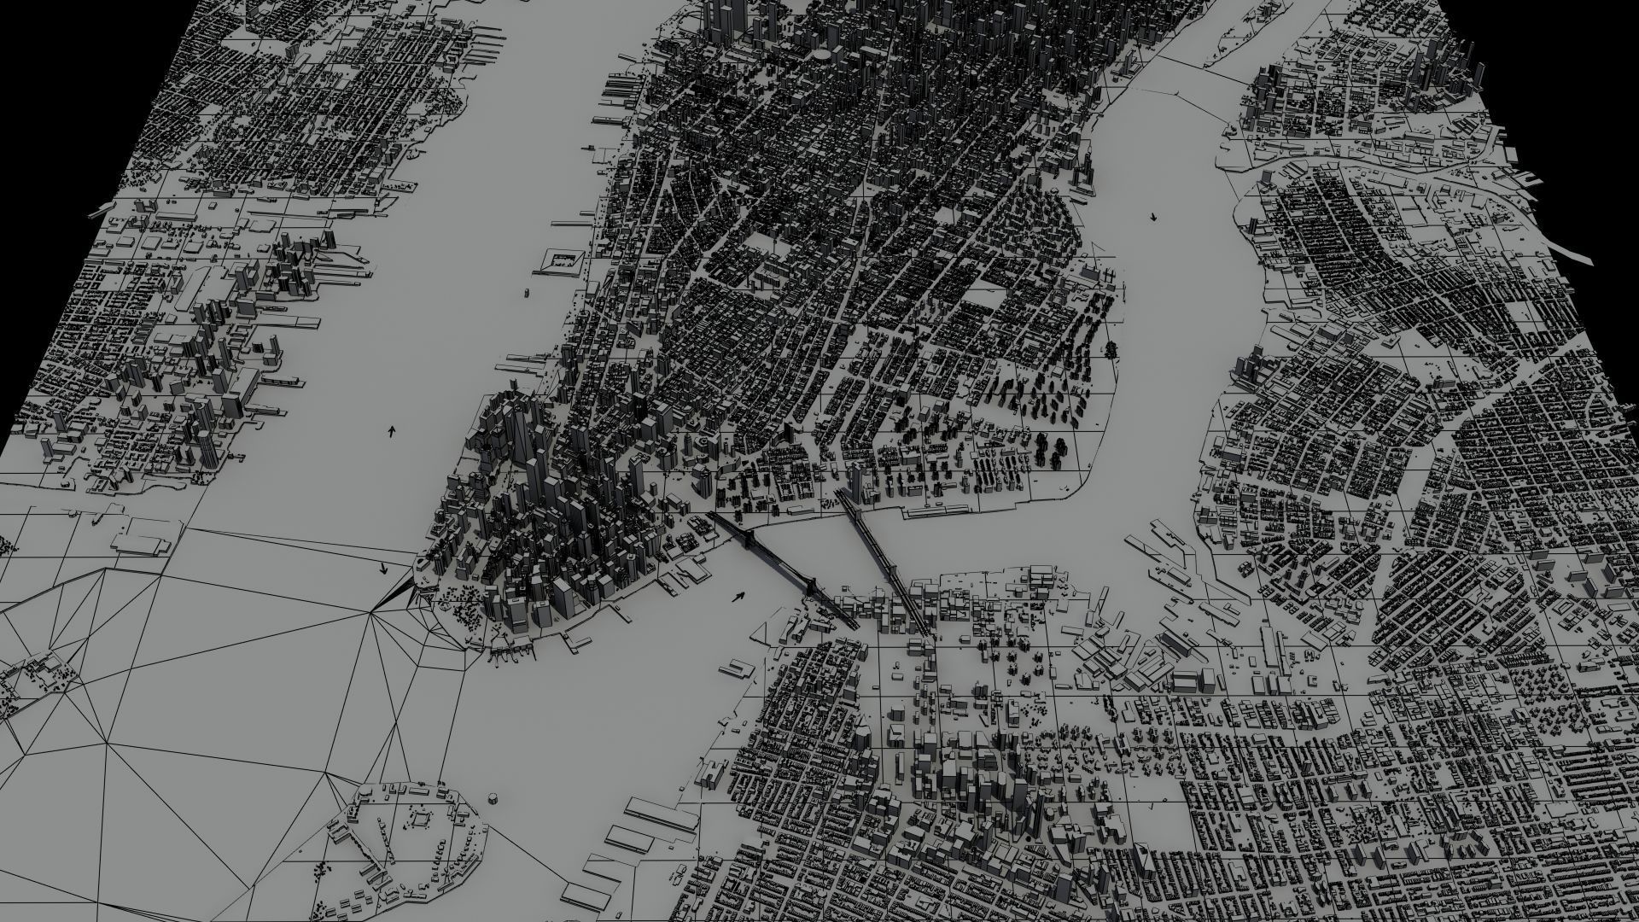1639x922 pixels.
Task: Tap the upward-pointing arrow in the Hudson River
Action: pyautogui.click(x=392, y=431)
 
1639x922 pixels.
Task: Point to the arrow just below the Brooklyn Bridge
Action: pyautogui.click(x=738, y=596)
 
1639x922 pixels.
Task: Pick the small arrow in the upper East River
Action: pyautogui.click(x=1154, y=217)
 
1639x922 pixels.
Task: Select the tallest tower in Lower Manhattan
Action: pyautogui.click(x=515, y=427)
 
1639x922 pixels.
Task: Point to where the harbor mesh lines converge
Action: pyautogui.click(x=373, y=610)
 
